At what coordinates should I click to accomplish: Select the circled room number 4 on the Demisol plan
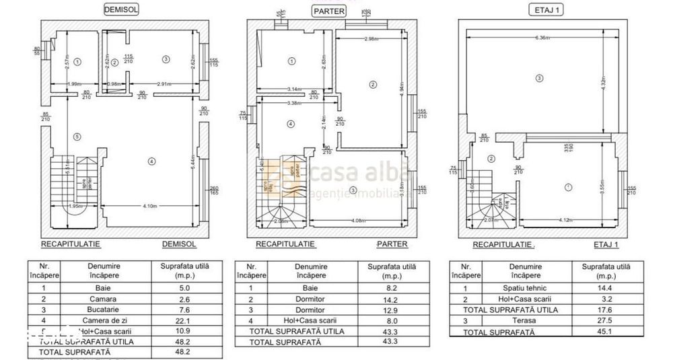(x=152, y=161)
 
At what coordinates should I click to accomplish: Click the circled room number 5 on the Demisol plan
(x=77, y=137)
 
